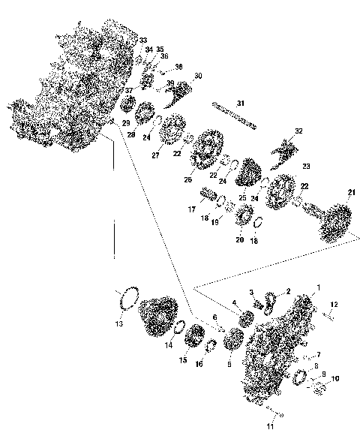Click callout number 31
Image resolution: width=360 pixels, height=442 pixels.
click(x=240, y=102)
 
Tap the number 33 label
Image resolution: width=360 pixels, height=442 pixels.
click(x=143, y=39)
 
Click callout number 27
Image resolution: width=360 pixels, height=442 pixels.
click(x=156, y=156)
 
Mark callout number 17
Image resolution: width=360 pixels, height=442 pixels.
click(x=191, y=210)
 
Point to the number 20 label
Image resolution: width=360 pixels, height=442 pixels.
click(x=240, y=240)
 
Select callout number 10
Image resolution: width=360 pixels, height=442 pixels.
click(x=334, y=379)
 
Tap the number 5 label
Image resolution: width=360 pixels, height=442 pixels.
click(x=229, y=365)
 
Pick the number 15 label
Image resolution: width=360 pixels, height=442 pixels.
click(x=184, y=360)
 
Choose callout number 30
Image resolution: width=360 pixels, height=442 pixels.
click(x=198, y=76)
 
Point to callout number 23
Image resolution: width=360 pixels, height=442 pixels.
click(x=306, y=166)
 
